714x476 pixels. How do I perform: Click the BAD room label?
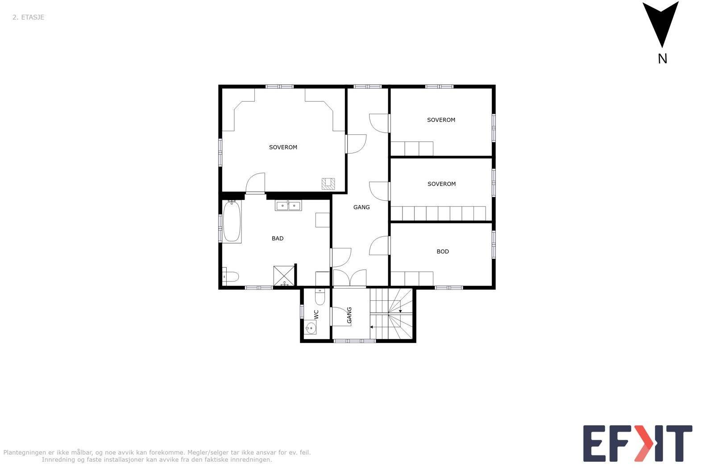tap(278, 239)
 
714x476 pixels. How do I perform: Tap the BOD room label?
tap(443, 252)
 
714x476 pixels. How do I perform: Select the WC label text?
tap(316, 314)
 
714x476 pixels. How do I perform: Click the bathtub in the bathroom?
tap(232, 222)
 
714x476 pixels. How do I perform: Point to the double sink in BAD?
tap(288, 206)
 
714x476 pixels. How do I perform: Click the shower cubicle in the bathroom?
tap(284, 276)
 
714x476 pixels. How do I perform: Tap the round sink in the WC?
tap(311, 328)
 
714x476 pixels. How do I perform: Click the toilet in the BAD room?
tap(230, 277)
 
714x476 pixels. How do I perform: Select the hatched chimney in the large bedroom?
tap(328, 183)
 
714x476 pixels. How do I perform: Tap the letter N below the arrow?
tap(662, 58)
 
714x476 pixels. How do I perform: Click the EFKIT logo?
tap(638, 443)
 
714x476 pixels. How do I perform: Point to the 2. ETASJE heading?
tap(28, 17)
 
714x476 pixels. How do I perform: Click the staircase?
tap(391, 314)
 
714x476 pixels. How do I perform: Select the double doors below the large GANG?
tap(350, 278)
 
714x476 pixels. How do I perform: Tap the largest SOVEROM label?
tap(283, 147)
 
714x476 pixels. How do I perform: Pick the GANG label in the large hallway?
tap(361, 207)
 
